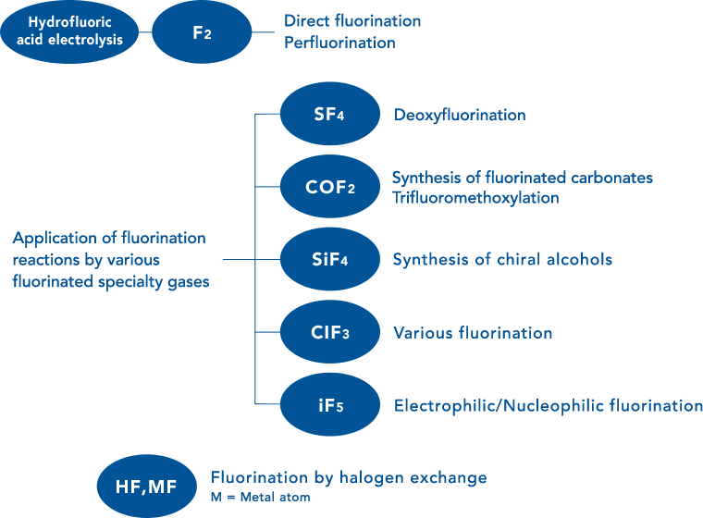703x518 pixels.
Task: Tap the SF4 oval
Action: point(330,116)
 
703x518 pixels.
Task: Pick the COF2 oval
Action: point(330,187)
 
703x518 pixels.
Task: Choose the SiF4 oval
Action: point(330,260)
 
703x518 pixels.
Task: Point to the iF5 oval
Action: point(330,405)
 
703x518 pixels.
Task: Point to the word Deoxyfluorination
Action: point(460,116)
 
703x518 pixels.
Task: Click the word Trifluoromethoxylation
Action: point(475,198)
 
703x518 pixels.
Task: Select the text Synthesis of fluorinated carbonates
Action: point(523,178)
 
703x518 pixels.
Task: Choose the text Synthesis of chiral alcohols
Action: point(502,260)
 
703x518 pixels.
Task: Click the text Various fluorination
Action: point(473,333)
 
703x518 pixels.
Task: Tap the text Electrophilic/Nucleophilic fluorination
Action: point(548,405)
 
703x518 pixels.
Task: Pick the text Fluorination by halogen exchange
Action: point(349,478)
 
